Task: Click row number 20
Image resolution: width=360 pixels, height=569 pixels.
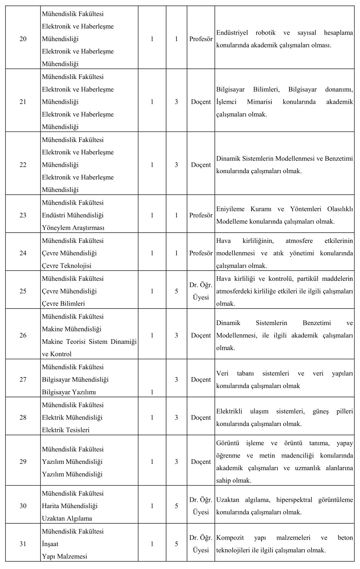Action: pos(23,39)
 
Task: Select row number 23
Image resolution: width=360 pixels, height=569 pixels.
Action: pos(23,215)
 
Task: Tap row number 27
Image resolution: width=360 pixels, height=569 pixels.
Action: pos(23,380)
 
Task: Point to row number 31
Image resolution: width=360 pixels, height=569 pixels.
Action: pos(23,544)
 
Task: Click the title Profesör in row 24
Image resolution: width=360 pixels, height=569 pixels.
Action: pos(201,253)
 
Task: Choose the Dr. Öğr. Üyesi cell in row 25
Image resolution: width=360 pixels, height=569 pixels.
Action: pos(201,291)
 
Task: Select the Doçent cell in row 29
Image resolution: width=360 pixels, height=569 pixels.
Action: pos(201,462)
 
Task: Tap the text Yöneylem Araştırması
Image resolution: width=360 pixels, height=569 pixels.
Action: pos(73,228)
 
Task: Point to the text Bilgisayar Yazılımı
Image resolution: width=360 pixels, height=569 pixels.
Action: pos(69,392)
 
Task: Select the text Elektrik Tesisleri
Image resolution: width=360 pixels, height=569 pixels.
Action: pos(66,430)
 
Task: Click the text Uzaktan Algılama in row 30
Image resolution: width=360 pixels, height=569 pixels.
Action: pos(67,518)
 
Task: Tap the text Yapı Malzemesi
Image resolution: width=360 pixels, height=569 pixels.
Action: pos(64,556)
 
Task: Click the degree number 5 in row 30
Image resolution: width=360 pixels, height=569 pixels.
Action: pos(176,506)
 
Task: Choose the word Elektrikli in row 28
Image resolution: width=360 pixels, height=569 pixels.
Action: pos(229,411)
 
